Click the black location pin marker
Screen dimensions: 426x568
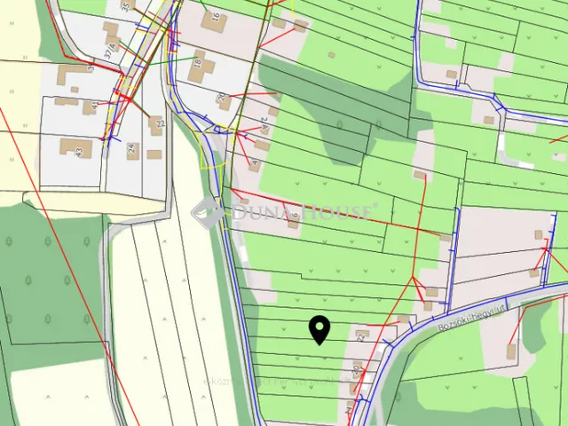coord(319,330)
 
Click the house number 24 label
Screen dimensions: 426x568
coord(132,150)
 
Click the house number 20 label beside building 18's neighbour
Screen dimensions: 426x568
coord(221,96)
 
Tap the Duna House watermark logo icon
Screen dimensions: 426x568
coord(206,211)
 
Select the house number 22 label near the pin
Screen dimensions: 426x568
coord(361,338)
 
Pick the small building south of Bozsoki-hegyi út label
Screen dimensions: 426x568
coord(512,351)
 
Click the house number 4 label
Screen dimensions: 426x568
coord(256,162)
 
